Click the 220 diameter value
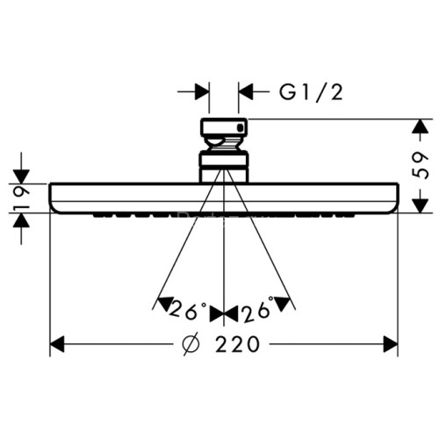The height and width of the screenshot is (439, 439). (x=235, y=345)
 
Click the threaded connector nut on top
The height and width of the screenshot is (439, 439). (x=224, y=132)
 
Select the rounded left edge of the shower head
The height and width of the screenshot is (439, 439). (x=53, y=198)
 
